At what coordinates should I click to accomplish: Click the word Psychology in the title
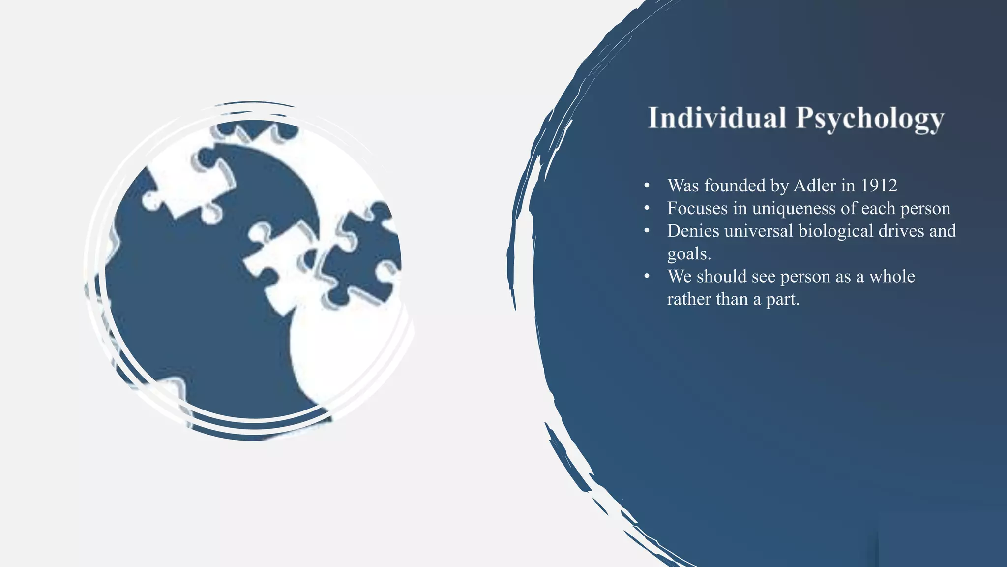click(870, 119)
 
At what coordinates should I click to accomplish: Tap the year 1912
click(879, 186)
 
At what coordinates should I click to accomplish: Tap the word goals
click(689, 253)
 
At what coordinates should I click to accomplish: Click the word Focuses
click(697, 208)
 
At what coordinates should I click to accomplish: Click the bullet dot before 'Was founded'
click(647, 186)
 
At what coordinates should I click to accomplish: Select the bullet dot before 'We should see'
click(647, 277)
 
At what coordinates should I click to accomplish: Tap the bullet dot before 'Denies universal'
click(647, 231)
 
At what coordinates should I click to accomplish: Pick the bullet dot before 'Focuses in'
click(647, 209)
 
